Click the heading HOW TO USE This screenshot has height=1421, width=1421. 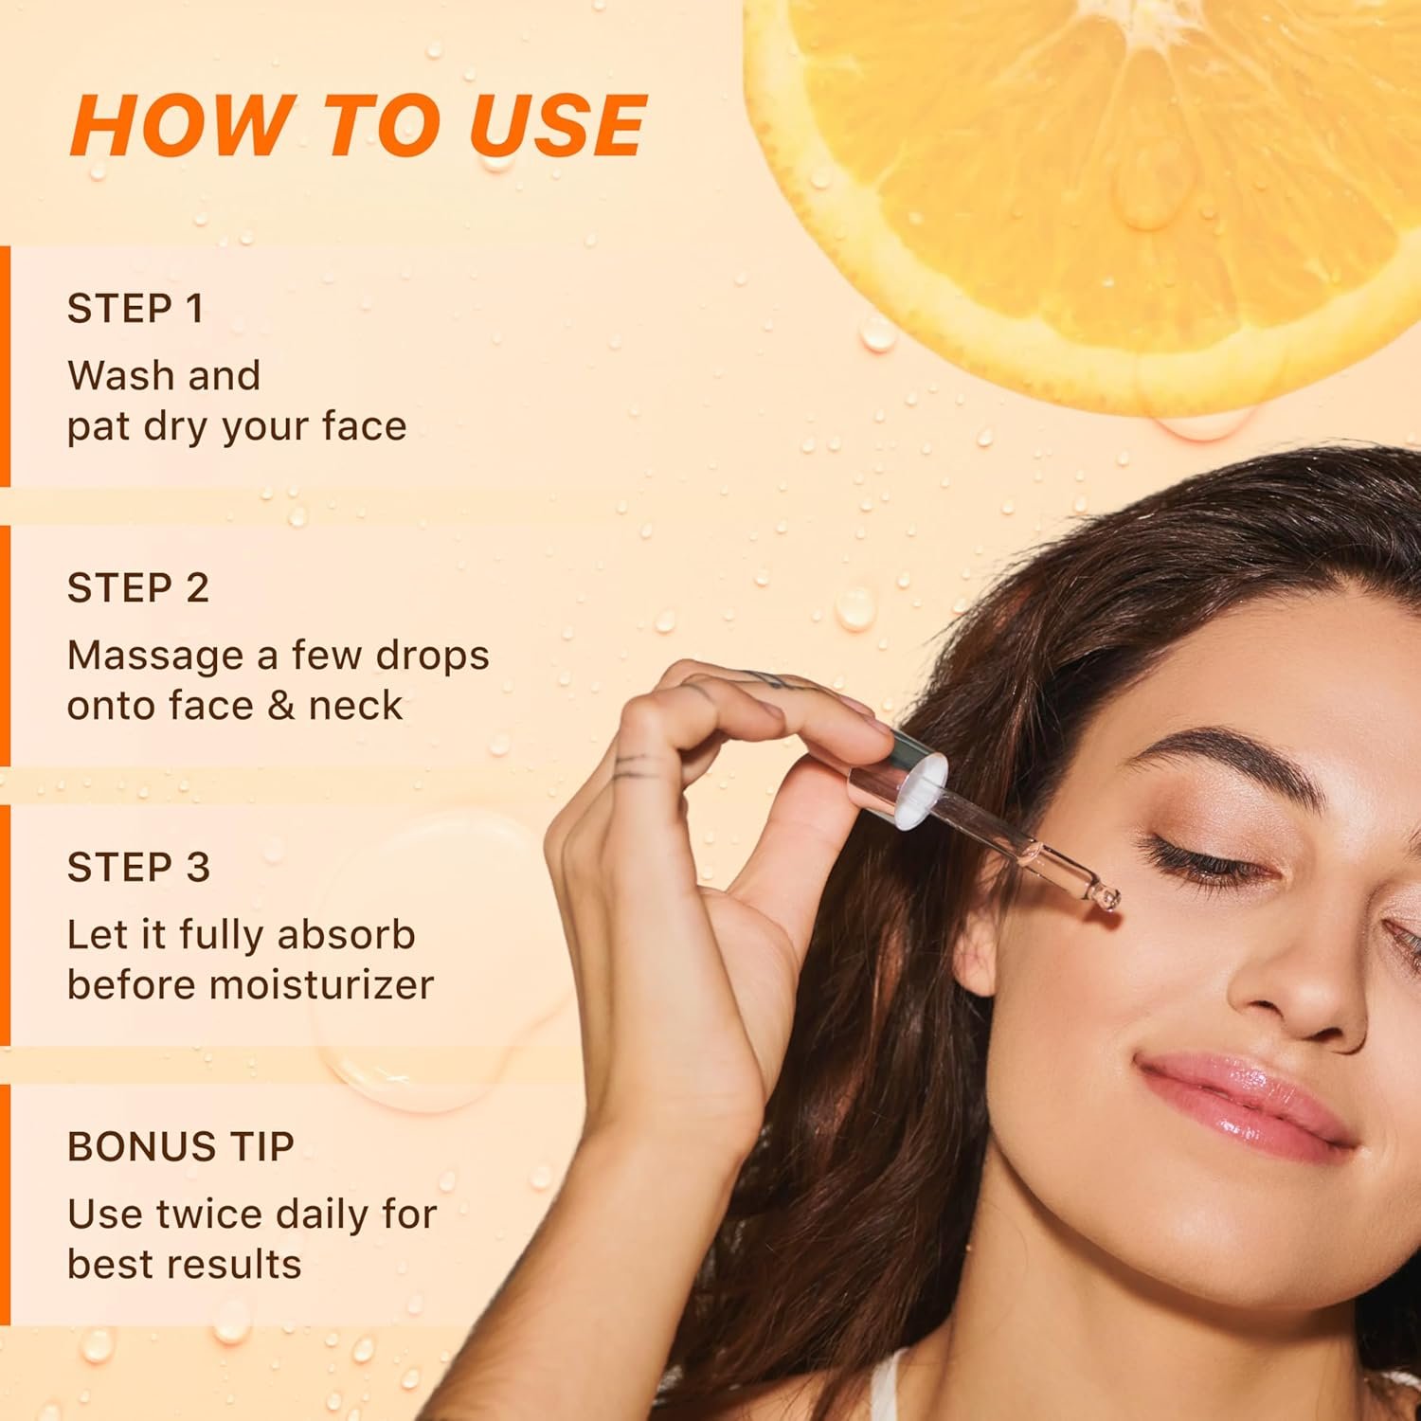coord(358,125)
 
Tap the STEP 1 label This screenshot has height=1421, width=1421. coord(135,309)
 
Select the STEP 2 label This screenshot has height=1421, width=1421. coord(137,588)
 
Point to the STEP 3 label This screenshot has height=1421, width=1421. coord(138,868)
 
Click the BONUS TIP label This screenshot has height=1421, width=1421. coord(181,1147)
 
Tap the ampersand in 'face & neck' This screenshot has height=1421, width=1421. coord(278,706)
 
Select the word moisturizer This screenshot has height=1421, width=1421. coord(322,985)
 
